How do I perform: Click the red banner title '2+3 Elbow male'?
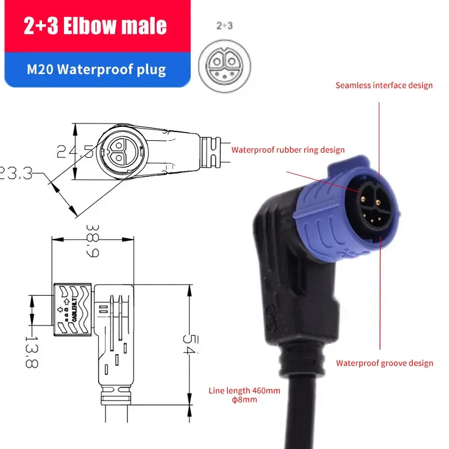(95, 26)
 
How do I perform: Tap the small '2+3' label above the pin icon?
(225, 25)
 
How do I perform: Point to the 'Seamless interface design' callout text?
(384, 85)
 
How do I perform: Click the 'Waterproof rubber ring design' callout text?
(288, 150)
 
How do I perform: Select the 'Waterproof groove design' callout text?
(384, 363)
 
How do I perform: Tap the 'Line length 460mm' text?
(244, 391)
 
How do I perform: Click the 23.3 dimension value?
(15, 173)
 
